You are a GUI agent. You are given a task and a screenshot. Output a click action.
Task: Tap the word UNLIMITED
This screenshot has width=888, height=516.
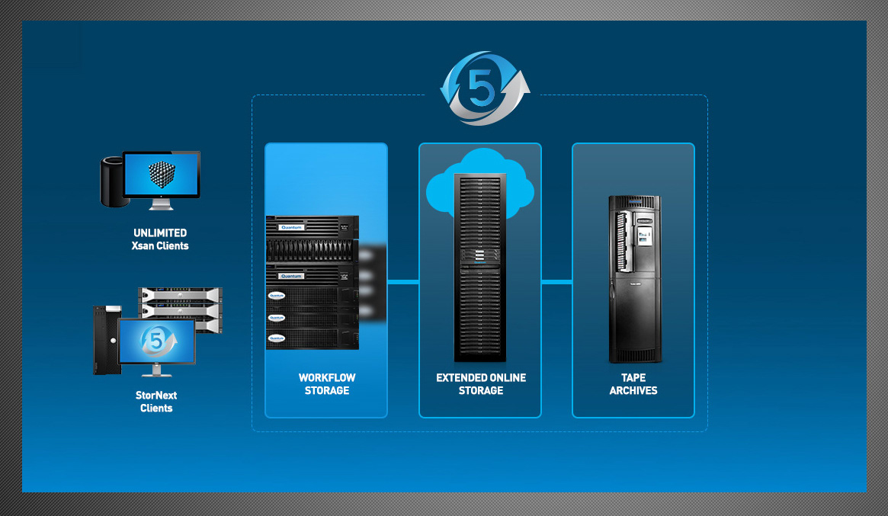pyautogui.click(x=160, y=233)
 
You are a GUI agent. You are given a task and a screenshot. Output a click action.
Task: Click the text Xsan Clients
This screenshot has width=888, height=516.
pyautogui.click(x=160, y=246)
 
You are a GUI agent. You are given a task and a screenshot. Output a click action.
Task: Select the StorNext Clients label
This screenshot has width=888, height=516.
pyautogui.click(x=156, y=402)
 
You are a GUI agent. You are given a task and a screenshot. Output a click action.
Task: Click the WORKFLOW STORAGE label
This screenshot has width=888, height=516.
pyautogui.click(x=327, y=384)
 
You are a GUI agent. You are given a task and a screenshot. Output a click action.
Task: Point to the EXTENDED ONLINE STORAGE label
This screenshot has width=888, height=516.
pyautogui.click(x=481, y=384)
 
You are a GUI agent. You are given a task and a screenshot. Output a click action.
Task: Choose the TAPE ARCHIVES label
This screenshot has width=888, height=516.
pyautogui.click(x=633, y=384)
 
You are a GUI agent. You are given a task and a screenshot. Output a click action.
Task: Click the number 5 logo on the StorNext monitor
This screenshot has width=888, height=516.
pyautogui.click(x=157, y=341)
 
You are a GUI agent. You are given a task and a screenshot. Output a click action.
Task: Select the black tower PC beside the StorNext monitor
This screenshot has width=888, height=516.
pyautogui.click(x=104, y=341)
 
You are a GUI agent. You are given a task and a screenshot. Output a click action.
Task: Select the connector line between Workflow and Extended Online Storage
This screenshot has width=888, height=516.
pyautogui.click(x=403, y=282)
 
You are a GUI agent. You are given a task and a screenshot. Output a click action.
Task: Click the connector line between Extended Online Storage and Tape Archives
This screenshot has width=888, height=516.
pyautogui.click(x=556, y=282)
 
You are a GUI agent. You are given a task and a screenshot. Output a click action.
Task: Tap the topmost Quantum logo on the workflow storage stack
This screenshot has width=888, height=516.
pyautogui.click(x=291, y=226)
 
